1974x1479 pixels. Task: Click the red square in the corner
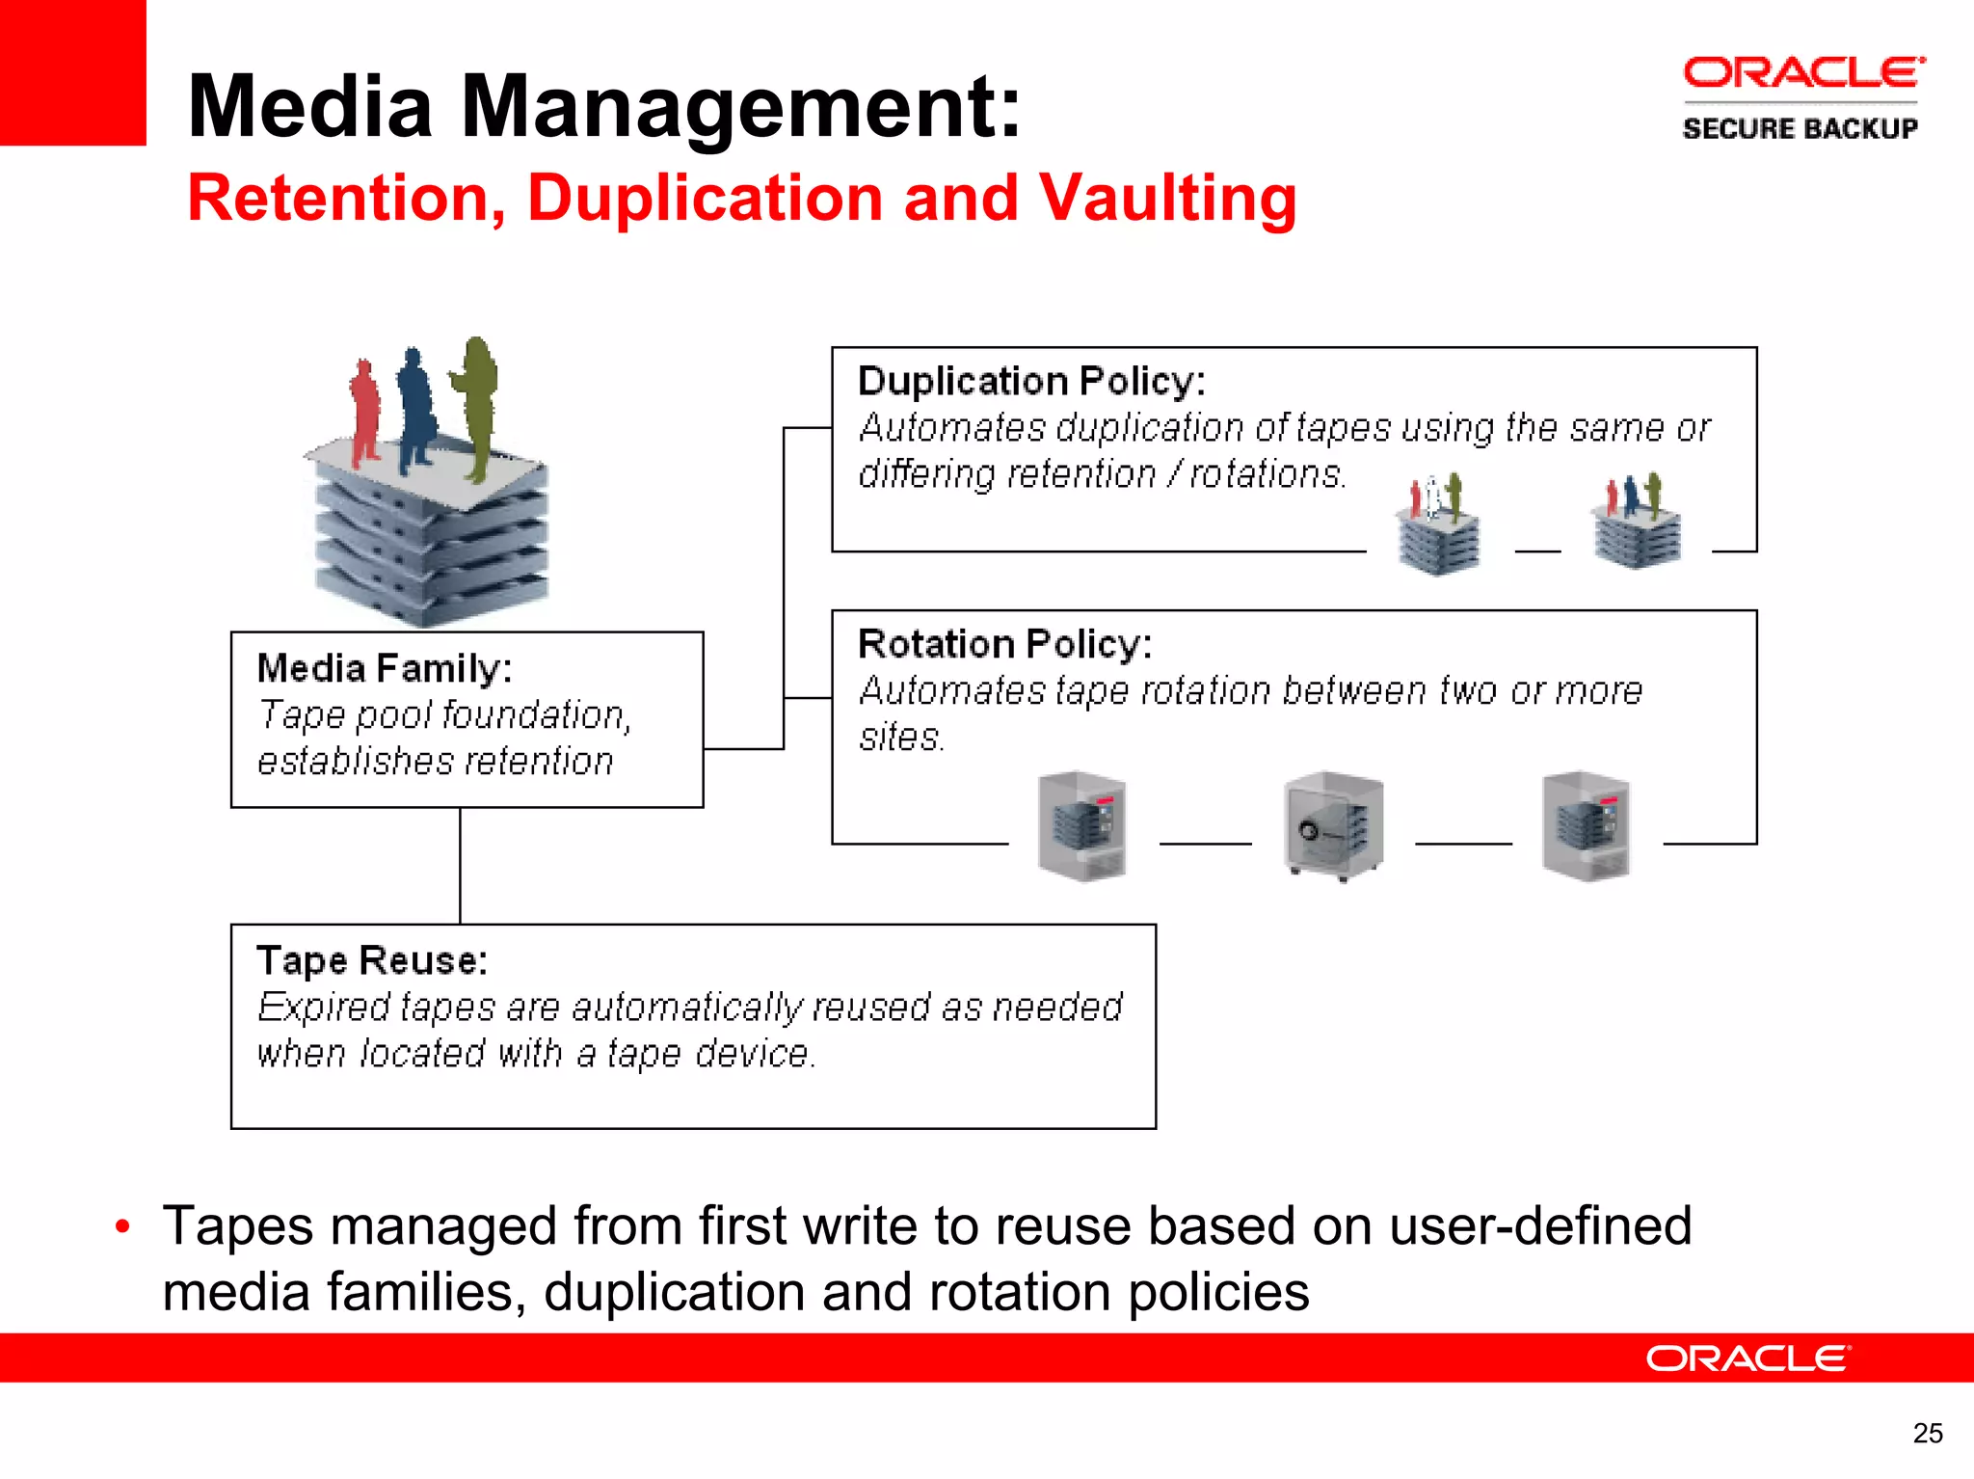point(72,72)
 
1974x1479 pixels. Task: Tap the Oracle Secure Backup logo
point(1801,98)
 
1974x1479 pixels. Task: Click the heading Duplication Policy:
point(1030,382)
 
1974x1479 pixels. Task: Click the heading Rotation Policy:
point(1004,644)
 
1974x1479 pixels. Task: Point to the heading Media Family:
point(385,668)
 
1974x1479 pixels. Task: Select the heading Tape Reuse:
point(372,960)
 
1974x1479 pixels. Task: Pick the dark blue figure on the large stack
point(416,410)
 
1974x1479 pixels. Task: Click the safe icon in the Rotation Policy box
point(1334,826)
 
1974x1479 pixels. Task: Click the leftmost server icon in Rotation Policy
point(1082,826)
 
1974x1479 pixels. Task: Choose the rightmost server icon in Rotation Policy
point(1587,826)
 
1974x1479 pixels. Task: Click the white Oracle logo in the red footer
point(1747,1358)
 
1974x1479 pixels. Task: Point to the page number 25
point(1927,1434)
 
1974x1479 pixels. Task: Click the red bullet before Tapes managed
point(122,1227)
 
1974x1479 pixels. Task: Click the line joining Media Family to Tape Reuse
point(461,865)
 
